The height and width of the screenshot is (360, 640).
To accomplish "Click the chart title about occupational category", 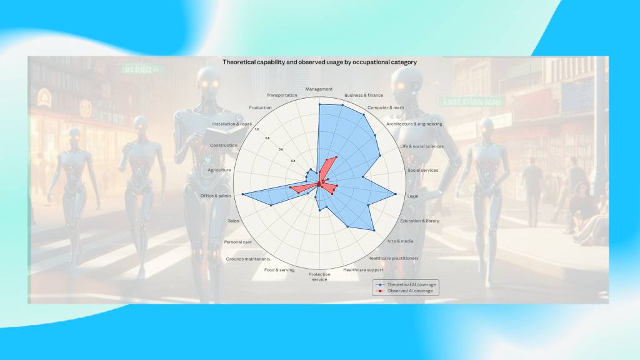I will click(319, 62).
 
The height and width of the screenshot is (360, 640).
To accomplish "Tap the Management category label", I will click(319, 89).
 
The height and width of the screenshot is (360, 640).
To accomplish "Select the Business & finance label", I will click(364, 95).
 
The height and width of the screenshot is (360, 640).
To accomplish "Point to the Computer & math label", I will click(386, 107).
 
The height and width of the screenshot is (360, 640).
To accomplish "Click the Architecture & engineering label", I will click(414, 124).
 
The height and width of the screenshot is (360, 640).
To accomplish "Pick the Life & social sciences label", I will click(421, 146).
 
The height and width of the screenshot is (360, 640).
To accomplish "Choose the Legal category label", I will click(412, 196).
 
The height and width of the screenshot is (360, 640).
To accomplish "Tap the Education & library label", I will click(420, 221).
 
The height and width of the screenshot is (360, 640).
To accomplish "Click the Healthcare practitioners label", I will click(393, 258).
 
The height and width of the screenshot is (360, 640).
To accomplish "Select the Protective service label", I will click(319, 276).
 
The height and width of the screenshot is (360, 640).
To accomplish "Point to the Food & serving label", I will click(279, 270).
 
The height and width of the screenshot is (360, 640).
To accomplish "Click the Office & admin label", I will click(216, 196).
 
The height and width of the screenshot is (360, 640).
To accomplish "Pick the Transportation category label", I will click(282, 95).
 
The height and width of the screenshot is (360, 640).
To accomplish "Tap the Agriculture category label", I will click(219, 170).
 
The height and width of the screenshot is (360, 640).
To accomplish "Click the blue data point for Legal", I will click(396, 194).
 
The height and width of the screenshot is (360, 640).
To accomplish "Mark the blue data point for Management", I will click(319, 104).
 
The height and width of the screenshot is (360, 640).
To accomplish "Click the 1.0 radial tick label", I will click(256, 129).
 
